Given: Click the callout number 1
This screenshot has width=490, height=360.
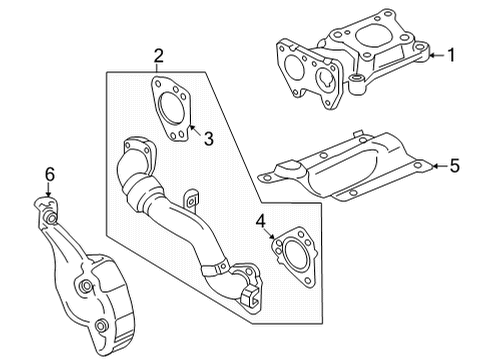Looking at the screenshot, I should click(451, 56).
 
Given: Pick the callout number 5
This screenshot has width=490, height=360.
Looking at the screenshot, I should click(454, 164).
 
